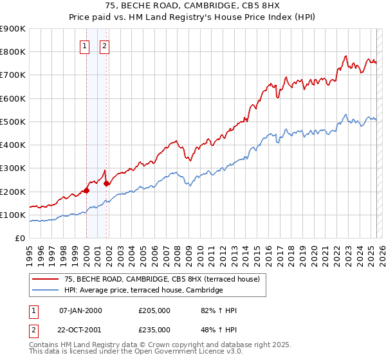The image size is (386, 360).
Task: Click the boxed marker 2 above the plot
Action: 105,46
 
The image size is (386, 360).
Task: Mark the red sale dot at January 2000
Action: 86,190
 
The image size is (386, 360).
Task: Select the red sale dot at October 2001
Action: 106,183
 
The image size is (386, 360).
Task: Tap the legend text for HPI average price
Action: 143,291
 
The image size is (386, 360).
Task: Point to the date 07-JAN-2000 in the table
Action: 80,311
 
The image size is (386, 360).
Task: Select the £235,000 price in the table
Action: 154,330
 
